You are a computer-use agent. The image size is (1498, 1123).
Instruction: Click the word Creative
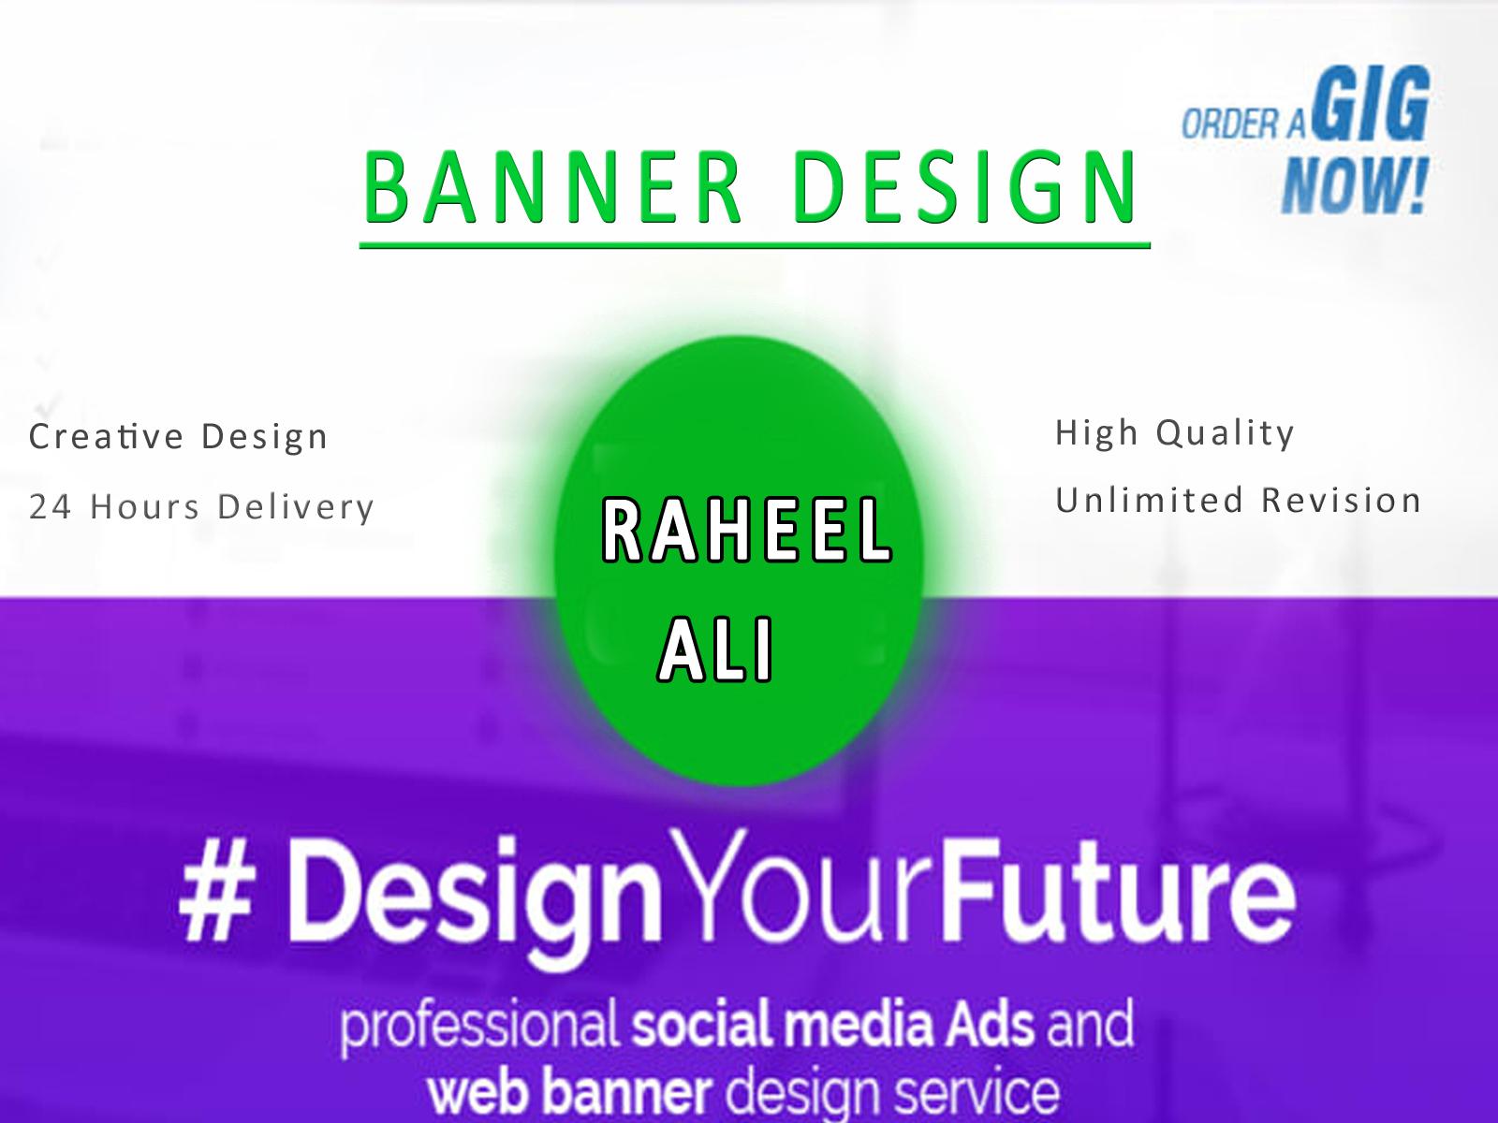[x=106, y=436]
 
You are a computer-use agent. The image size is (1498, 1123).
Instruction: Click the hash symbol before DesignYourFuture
[x=208, y=898]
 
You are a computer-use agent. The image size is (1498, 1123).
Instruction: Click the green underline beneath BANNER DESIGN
[x=754, y=246]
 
